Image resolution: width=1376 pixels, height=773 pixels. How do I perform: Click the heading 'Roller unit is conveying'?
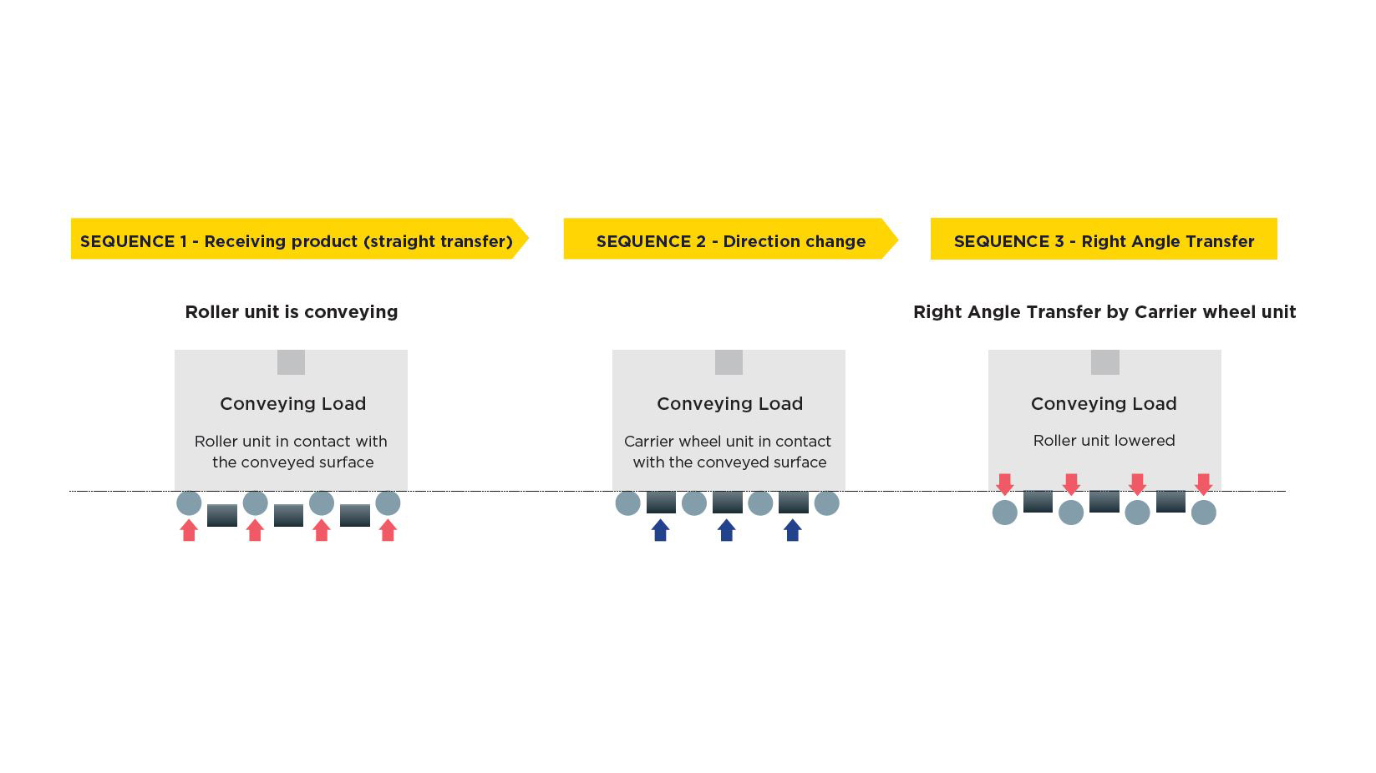pos(291,312)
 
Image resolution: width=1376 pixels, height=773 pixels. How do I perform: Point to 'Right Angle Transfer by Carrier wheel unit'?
pos(1104,312)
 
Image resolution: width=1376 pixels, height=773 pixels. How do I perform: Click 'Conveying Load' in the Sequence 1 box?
pos(292,404)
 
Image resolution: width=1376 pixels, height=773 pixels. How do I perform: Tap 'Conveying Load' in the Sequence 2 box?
pos(729,404)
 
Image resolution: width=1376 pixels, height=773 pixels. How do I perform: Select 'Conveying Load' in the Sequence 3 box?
pos(1104,404)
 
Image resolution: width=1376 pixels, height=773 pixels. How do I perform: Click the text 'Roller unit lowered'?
pos(1104,441)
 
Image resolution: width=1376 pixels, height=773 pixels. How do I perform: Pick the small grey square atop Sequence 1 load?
pos(291,362)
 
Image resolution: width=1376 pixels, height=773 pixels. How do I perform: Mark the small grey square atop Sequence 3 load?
pos(1104,362)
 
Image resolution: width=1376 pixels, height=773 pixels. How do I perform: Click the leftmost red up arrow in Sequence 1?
pos(189,530)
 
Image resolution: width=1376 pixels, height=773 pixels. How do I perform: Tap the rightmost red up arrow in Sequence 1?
pos(388,530)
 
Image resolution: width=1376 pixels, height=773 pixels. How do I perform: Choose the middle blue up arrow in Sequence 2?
pos(727,530)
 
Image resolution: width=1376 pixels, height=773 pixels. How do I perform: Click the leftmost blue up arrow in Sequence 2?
pos(660,530)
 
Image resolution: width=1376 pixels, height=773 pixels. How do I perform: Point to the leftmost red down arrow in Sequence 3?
pos(1004,484)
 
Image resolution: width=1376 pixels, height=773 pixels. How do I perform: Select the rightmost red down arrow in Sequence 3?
pos(1203,484)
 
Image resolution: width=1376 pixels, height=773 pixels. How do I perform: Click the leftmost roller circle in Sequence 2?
pos(627,503)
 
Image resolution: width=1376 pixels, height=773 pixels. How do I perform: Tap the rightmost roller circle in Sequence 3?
pos(1203,513)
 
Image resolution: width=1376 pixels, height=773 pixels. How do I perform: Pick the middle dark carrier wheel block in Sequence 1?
pos(288,515)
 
